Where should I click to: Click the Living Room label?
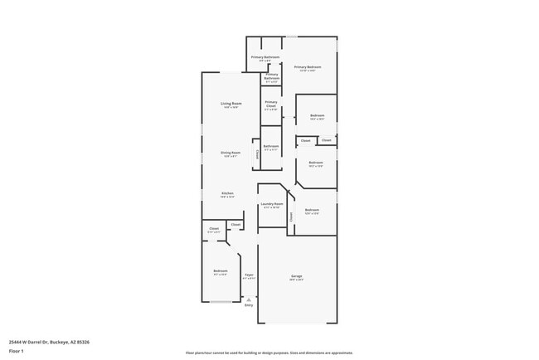click(230, 104)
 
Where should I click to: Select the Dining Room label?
click(230, 153)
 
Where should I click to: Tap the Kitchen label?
click(227, 193)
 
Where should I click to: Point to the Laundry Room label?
click(272, 203)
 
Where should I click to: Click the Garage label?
click(296, 275)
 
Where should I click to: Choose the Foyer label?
click(249, 275)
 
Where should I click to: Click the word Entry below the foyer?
click(249, 305)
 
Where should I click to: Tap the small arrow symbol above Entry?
click(249, 299)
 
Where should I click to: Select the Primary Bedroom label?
click(308, 66)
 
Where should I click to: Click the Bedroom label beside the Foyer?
click(220, 271)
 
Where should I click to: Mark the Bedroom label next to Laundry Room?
click(312, 210)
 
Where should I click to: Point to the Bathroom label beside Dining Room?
click(271, 146)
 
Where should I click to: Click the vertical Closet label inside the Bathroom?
click(257, 153)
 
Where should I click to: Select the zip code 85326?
click(84, 341)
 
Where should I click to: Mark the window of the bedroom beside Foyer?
click(220, 302)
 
